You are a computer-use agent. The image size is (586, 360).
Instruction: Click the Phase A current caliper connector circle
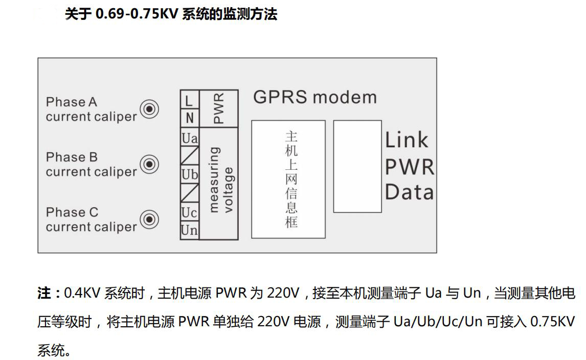150,109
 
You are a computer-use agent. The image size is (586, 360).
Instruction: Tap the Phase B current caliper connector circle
150,164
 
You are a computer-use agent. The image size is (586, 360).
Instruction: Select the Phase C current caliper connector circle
150,219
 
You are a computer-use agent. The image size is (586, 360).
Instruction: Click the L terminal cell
189,100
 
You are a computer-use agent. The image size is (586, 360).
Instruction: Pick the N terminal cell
189,118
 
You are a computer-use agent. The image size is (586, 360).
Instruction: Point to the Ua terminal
189,138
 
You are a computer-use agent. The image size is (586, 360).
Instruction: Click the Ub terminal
189,174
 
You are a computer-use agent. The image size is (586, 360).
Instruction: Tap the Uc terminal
189,212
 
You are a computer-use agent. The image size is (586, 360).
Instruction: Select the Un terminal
189,231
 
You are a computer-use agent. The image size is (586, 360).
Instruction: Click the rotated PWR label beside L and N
218,108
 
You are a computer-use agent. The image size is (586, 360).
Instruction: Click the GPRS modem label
314,97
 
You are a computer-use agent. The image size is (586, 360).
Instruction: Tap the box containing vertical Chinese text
288,179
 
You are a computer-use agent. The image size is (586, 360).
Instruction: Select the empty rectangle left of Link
357,166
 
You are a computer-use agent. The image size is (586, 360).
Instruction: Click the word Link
407,140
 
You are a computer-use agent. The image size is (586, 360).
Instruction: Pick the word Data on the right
409,192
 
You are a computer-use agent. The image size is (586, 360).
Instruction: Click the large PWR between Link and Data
409,167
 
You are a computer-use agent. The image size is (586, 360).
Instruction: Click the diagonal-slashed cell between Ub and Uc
189,193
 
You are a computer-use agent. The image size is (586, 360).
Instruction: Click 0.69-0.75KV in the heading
136,14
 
